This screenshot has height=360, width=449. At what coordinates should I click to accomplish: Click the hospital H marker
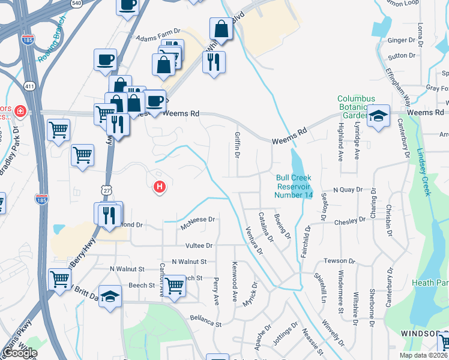pyautogui.click(x=160, y=188)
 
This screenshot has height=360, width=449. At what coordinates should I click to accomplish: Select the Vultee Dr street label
pyautogui.click(x=201, y=245)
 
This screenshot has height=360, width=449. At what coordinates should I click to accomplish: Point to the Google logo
pyautogui.click(x=20, y=353)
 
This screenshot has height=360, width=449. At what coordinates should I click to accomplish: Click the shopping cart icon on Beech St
pyautogui.click(x=175, y=286)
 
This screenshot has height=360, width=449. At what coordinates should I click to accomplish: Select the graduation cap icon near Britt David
pyautogui.click(x=110, y=297)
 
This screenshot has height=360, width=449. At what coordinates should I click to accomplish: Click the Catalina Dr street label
pyautogui.click(x=265, y=227)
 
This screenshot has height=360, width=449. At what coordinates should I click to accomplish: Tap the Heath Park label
pyautogui.click(x=430, y=282)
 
